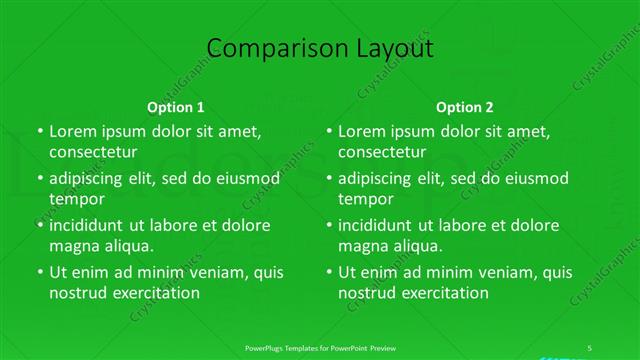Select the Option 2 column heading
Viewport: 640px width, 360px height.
coord(465,106)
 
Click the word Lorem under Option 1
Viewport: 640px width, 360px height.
coord(73,131)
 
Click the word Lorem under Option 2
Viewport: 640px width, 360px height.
coord(363,131)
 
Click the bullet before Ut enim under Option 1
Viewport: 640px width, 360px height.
coord(39,272)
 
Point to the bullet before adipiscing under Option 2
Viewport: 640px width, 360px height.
coord(329,179)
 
